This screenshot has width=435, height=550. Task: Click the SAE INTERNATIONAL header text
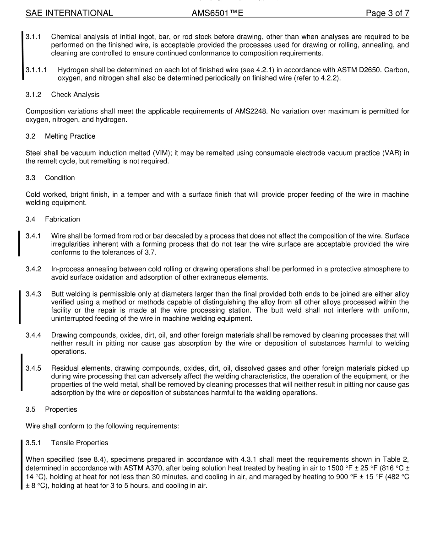point(69,13)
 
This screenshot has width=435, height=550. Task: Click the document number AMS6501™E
point(217,13)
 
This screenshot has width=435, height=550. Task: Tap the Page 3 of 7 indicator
point(387,13)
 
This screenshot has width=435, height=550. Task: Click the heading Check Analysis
point(75,95)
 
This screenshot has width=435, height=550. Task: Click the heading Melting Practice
point(70,136)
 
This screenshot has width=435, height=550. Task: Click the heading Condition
point(60,178)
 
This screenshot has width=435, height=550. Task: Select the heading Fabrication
point(62,219)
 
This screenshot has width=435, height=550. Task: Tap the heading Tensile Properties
point(80,443)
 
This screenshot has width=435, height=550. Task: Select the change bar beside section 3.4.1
point(19,244)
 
